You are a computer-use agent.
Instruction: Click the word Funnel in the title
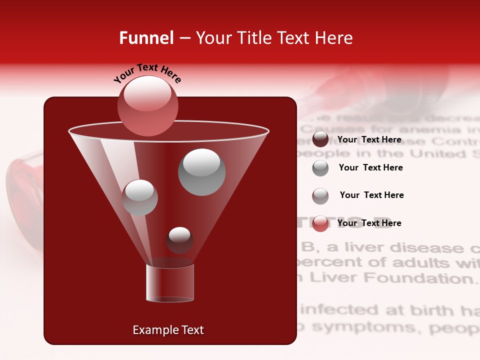pyautogui.click(x=146, y=38)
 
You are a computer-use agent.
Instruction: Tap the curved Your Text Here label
pyautogui.click(x=147, y=73)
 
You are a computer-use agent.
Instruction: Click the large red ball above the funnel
pyautogui.click(x=147, y=105)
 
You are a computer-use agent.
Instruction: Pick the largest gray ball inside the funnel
pyautogui.click(x=201, y=172)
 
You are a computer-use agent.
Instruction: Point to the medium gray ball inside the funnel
pyautogui.click(x=139, y=197)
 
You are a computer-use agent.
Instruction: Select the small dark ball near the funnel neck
pyautogui.click(x=179, y=240)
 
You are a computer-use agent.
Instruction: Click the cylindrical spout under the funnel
pyautogui.click(x=169, y=283)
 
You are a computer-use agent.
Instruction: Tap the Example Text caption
pyautogui.click(x=168, y=330)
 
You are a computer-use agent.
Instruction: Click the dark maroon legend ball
pyautogui.click(x=320, y=139)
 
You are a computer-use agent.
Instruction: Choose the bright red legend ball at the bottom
pyautogui.click(x=320, y=223)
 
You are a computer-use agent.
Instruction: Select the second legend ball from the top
pyautogui.click(x=320, y=168)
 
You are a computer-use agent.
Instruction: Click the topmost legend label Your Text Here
pyautogui.click(x=369, y=139)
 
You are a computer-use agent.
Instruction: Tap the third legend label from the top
pyautogui.click(x=371, y=195)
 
